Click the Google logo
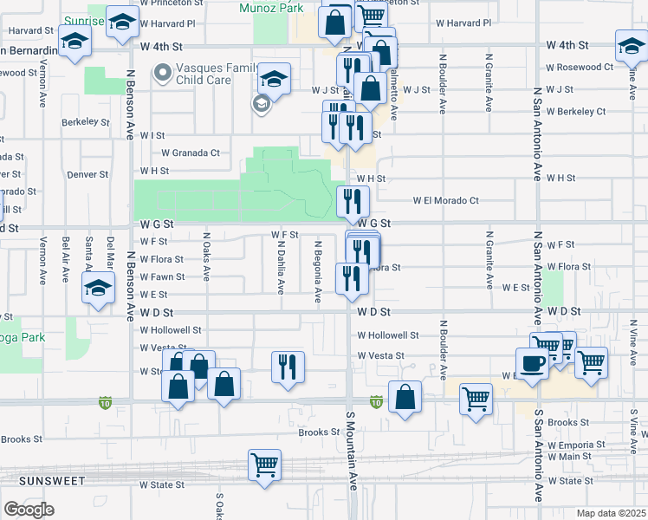coord(29,510)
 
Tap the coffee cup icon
coord(532,362)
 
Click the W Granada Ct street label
coord(191,153)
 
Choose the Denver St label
coord(87,174)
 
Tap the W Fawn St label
coord(162,277)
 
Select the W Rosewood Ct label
coord(579,67)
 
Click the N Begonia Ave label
coord(319,271)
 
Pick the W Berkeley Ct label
coord(575,112)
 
